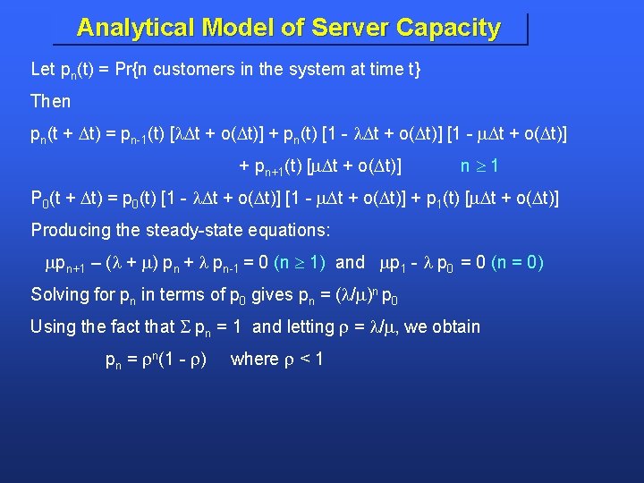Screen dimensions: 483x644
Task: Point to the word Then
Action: click(x=51, y=101)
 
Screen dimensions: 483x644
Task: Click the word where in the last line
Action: click(x=254, y=359)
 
